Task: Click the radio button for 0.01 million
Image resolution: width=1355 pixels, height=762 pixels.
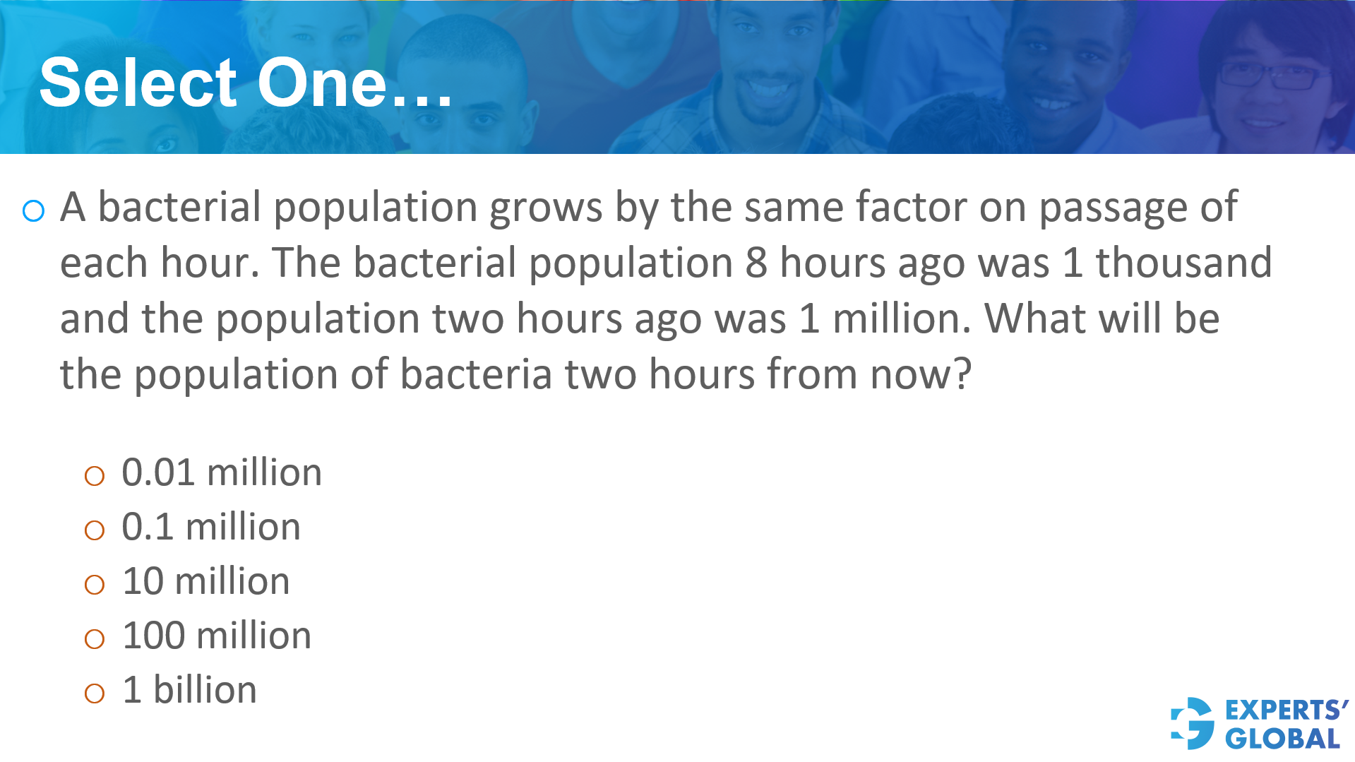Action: (x=94, y=476)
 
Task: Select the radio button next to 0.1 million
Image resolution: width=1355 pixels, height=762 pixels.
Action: (x=94, y=530)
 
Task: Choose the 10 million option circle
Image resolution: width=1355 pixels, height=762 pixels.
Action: (x=94, y=585)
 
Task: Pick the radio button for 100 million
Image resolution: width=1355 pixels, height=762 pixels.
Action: (x=94, y=639)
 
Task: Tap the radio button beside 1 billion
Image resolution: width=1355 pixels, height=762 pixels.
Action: (x=94, y=693)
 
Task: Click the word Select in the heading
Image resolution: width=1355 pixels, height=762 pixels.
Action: (x=138, y=83)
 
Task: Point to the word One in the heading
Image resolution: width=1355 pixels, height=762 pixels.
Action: (x=322, y=83)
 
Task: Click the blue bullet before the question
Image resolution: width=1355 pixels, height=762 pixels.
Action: (x=33, y=210)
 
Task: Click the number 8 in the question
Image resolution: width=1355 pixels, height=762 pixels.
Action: (x=756, y=263)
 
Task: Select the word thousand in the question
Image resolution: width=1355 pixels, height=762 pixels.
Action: (x=1183, y=263)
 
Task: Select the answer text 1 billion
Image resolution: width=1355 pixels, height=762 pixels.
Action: (x=189, y=689)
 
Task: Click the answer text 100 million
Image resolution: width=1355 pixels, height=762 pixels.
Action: (x=216, y=636)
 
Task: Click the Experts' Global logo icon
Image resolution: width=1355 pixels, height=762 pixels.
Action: (x=1193, y=723)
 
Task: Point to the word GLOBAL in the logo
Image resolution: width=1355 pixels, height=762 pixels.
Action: (x=1282, y=739)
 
